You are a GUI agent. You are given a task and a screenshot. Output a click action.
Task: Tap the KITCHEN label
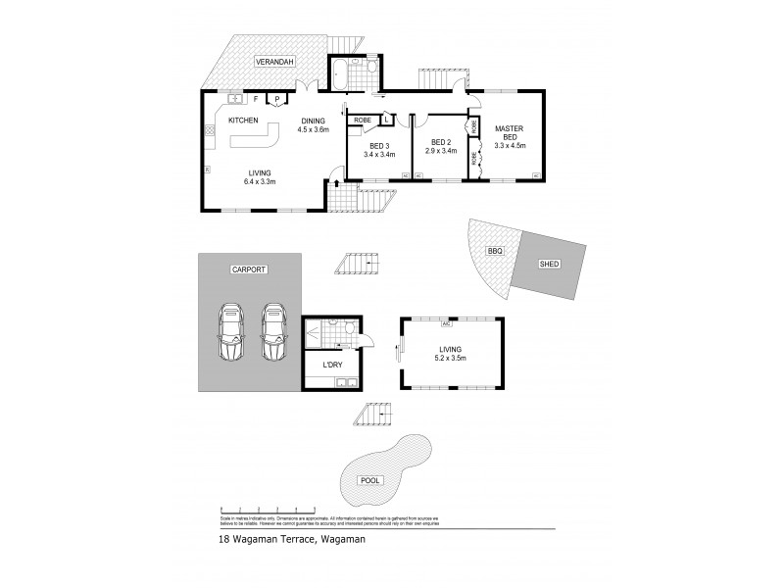pyautogui.click(x=243, y=120)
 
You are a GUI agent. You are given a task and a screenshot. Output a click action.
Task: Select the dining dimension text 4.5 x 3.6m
pyautogui.click(x=314, y=129)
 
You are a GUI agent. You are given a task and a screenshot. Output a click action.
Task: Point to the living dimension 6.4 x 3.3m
pyautogui.click(x=260, y=181)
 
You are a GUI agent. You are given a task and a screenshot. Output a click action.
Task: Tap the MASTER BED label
pyautogui.click(x=510, y=136)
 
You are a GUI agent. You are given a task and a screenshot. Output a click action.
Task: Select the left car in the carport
pyautogui.click(x=232, y=331)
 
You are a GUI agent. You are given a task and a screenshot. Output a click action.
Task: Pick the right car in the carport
pyautogui.click(x=273, y=331)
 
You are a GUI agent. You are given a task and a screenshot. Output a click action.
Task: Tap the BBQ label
pyautogui.click(x=495, y=252)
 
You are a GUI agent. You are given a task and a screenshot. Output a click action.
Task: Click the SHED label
pyautogui.click(x=549, y=265)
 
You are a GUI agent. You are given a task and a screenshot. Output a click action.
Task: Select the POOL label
pyautogui.click(x=383, y=480)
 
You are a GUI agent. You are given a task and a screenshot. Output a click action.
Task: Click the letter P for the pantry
pyautogui.click(x=277, y=99)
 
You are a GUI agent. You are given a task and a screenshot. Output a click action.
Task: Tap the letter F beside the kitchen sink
pyautogui.click(x=256, y=99)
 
